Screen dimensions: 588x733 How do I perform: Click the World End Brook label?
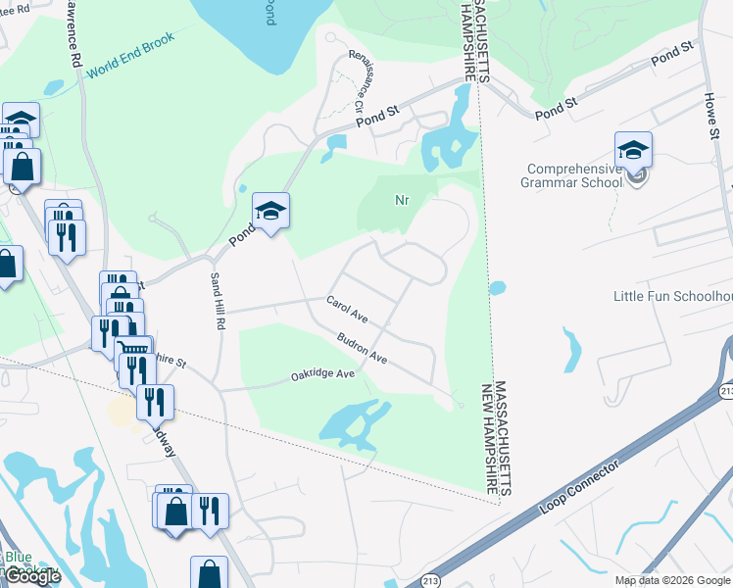pyautogui.click(x=129, y=56)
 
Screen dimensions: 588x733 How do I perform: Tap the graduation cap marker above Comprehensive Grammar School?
pyautogui.click(x=633, y=150)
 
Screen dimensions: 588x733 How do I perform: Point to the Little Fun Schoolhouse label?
pyautogui.click(x=672, y=296)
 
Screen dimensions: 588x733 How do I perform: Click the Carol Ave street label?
pyautogui.click(x=347, y=311)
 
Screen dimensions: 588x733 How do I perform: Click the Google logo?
pyautogui.click(x=32, y=576)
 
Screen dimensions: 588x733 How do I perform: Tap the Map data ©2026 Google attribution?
pyautogui.click(x=672, y=580)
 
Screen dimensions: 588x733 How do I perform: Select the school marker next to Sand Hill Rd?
pyautogui.click(x=271, y=211)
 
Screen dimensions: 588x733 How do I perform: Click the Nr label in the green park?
pyautogui.click(x=401, y=200)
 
